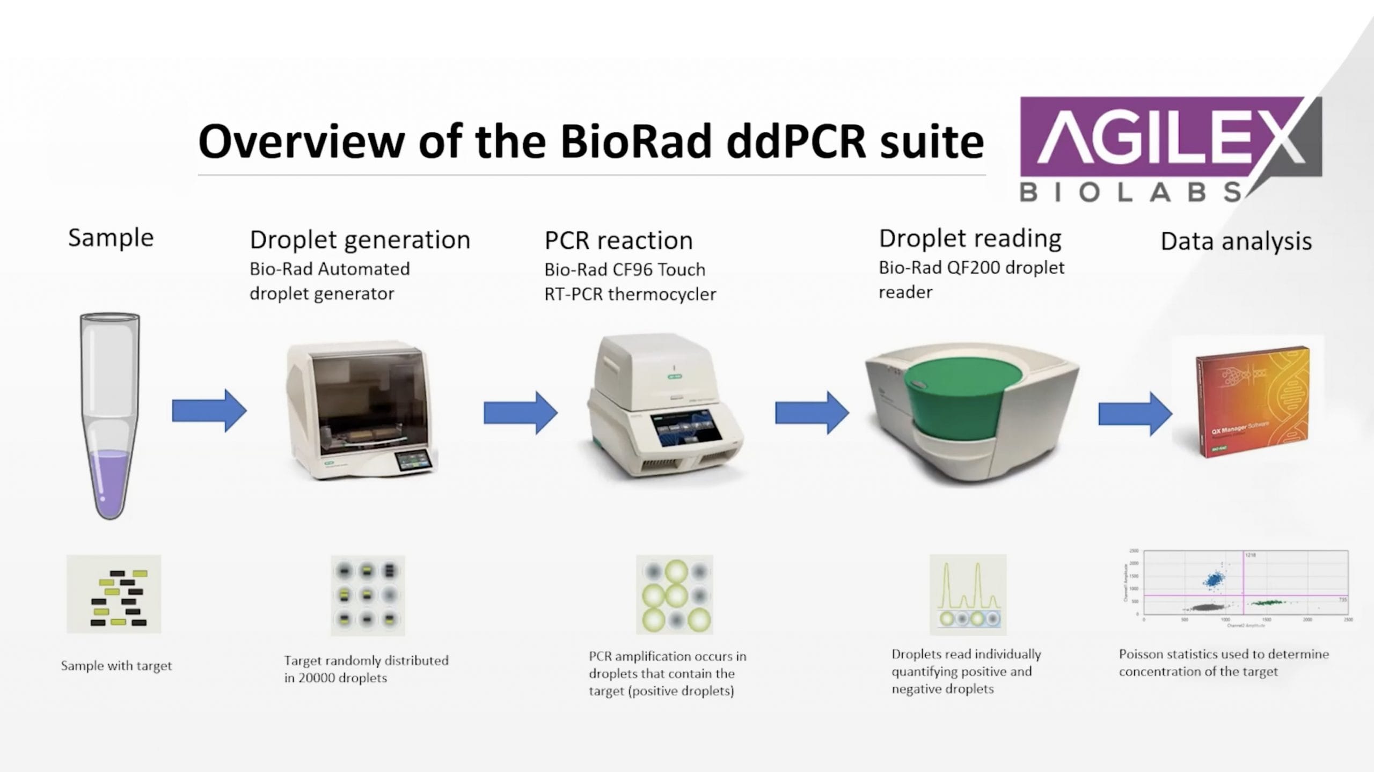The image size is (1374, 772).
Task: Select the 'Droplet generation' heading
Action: [x=360, y=240]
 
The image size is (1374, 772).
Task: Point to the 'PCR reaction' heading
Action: [x=618, y=240]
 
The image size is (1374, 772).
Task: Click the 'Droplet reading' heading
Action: [x=970, y=238]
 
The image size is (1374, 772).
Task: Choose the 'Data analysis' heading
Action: [x=1236, y=241]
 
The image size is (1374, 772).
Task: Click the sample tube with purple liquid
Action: [x=110, y=416]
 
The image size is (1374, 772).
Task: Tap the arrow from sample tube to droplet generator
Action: [x=209, y=411]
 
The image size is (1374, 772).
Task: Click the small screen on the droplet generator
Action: [x=413, y=461]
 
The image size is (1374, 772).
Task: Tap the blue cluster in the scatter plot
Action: [x=1214, y=579]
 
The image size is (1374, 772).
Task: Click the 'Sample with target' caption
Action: [x=116, y=666]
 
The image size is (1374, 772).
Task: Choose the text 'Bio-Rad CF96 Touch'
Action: [x=625, y=269]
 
